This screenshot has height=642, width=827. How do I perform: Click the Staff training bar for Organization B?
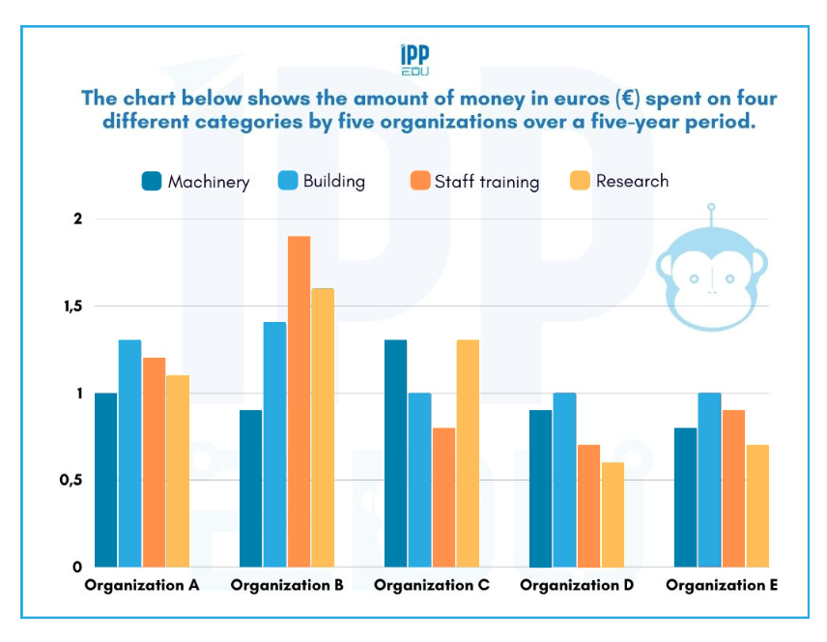pos(299,401)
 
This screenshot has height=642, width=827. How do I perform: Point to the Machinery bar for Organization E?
pos(686,497)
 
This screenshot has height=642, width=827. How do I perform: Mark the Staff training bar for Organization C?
pos(443,497)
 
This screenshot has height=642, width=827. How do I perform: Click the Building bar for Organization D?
pos(564,480)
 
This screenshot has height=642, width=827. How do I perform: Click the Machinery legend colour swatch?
pos(152,181)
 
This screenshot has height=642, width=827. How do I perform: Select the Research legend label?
pos(632,181)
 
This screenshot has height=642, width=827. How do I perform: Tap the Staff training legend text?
pos(487,182)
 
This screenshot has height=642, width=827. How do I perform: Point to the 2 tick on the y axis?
pos(76,219)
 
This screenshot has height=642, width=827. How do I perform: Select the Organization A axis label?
pos(141,586)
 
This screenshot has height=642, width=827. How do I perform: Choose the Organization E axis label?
pos(722,586)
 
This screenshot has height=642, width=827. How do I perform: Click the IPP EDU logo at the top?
pos(414,60)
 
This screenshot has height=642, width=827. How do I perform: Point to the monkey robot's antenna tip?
pos(711,206)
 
